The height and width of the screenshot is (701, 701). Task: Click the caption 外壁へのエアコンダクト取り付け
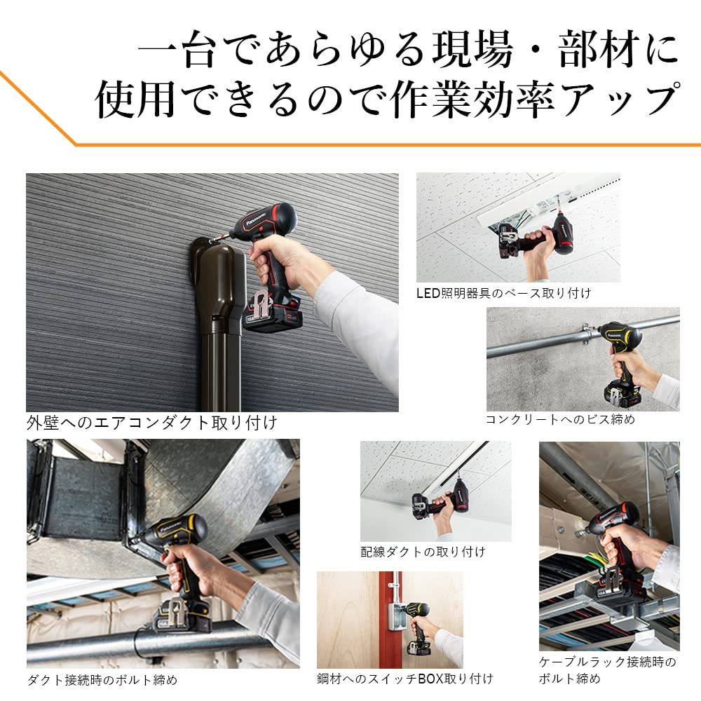point(151,423)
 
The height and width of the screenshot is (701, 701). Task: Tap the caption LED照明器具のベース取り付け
point(503,293)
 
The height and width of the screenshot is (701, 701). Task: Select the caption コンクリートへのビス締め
point(560,419)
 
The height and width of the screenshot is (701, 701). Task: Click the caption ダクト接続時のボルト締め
point(102,679)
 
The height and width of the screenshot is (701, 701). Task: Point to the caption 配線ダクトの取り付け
point(423,552)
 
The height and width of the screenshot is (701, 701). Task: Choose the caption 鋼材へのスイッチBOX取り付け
point(404,678)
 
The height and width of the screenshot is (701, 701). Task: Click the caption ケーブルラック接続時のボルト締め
point(607,669)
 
